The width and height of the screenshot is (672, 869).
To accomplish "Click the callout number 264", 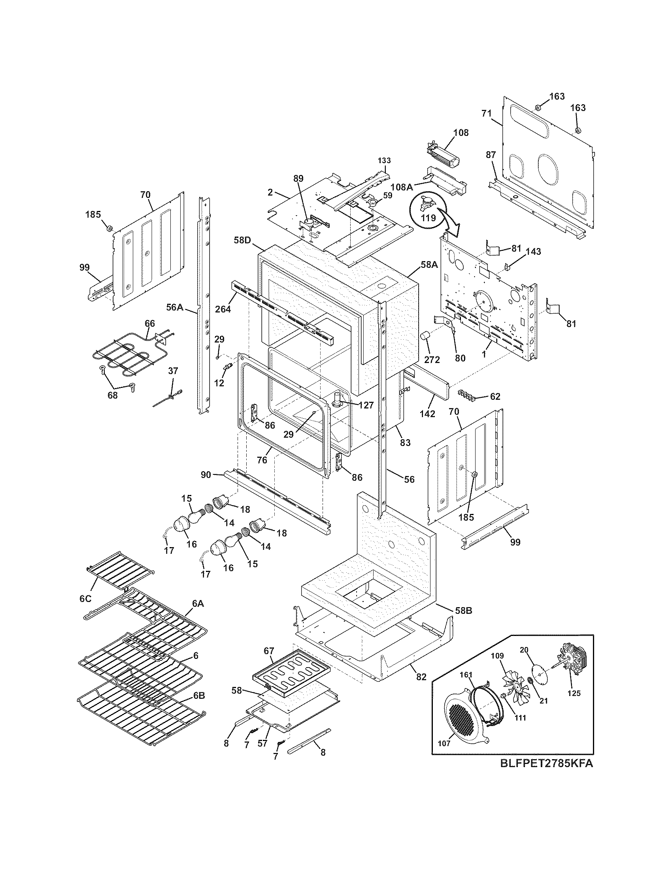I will click(x=223, y=308).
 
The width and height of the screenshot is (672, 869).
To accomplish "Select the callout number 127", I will click(x=366, y=405).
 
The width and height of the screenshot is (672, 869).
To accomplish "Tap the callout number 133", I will click(x=384, y=160).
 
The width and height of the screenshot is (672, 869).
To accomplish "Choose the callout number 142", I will click(x=427, y=414).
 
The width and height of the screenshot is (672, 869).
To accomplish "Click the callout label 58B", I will click(x=464, y=621).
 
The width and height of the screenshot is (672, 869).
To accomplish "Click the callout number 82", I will click(x=421, y=677).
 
